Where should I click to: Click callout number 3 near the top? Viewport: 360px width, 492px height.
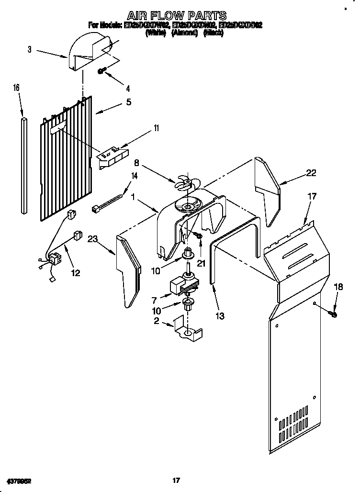click(x=29, y=49)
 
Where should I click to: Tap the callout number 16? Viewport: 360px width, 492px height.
click(x=16, y=88)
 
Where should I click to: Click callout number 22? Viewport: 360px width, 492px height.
click(x=311, y=173)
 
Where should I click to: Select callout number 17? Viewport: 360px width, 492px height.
click(x=312, y=196)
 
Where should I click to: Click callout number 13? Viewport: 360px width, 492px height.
click(x=220, y=316)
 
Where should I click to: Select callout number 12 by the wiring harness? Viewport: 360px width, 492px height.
click(x=75, y=273)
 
